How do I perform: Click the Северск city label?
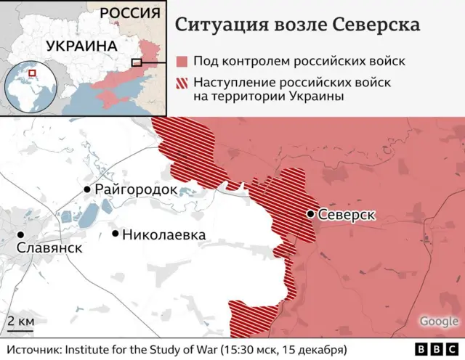click(346, 215)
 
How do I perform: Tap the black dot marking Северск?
click(310, 214)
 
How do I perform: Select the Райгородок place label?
click(136, 189)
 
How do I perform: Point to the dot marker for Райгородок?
click(88, 189)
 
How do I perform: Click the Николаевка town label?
click(163, 234)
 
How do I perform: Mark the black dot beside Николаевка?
click(116, 234)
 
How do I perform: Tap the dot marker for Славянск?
click(21, 234)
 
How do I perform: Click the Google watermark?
click(438, 321)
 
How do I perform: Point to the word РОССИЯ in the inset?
click(129, 13)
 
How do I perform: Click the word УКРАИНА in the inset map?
click(81, 46)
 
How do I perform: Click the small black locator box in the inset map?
click(136, 62)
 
